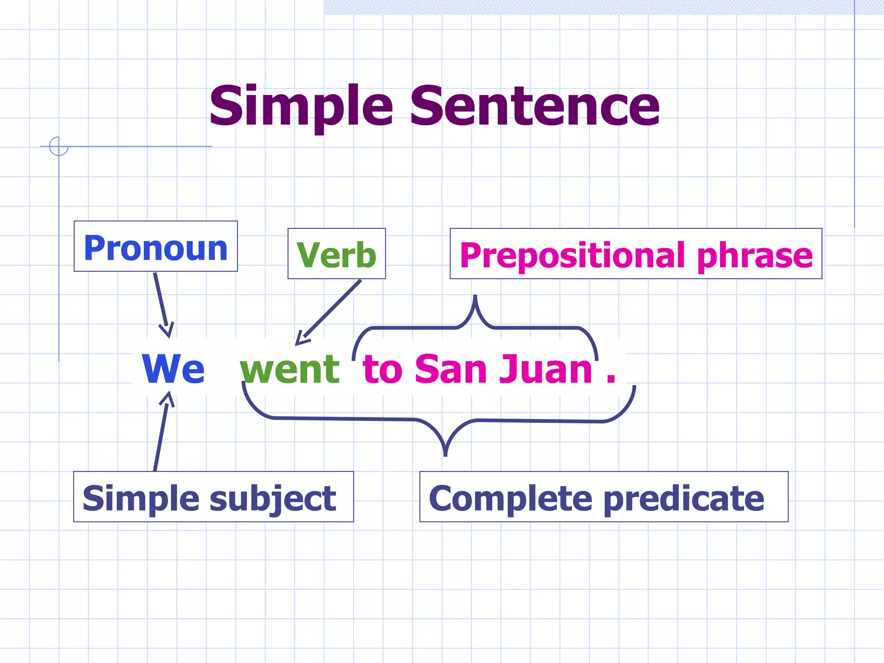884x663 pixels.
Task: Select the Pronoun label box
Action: pyautogui.click(x=155, y=247)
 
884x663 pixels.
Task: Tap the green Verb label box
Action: pyautogui.click(x=336, y=254)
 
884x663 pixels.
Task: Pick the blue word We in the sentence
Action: pyautogui.click(x=173, y=369)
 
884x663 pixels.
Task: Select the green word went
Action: pyautogui.click(x=290, y=369)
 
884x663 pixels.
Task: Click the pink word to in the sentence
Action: pyautogui.click(x=382, y=369)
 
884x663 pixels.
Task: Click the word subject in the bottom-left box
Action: pyautogui.click(x=273, y=498)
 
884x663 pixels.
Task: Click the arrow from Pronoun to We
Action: pyautogui.click(x=162, y=304)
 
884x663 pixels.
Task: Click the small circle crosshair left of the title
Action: pyautogui.click(x=59, y=146)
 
